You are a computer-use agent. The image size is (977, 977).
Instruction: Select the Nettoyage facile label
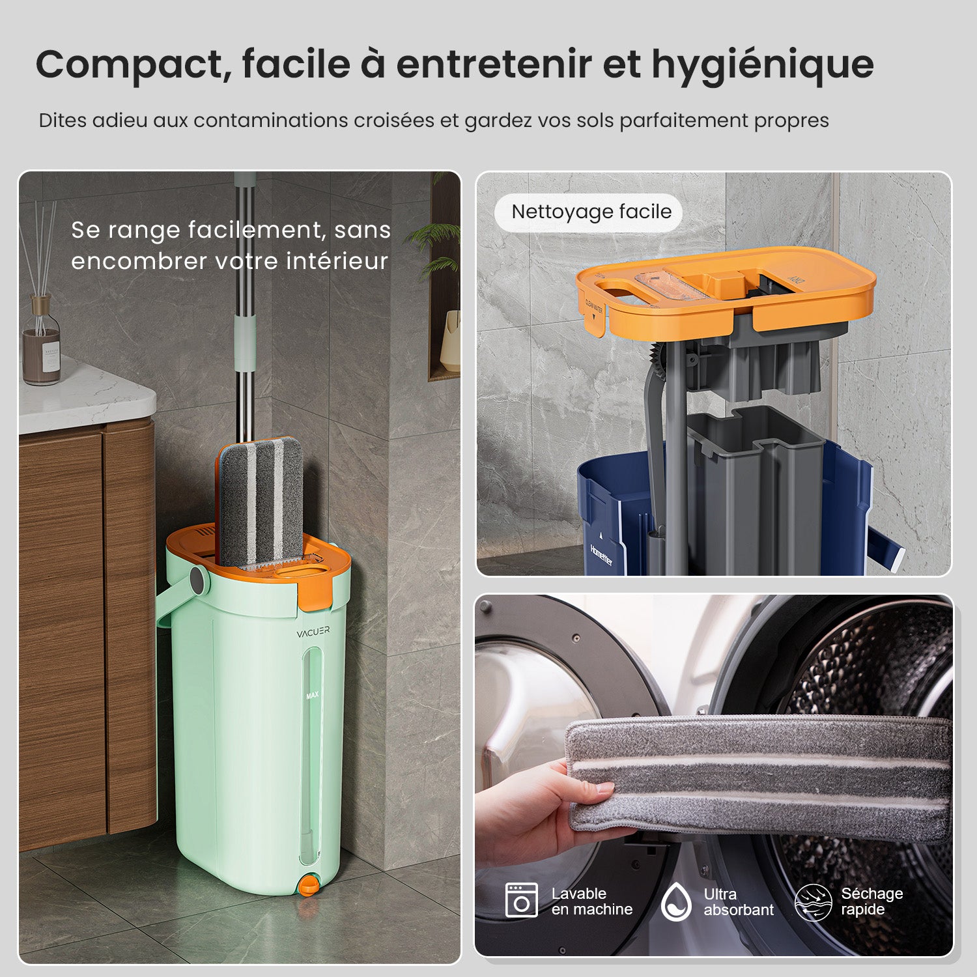tap(591, 212)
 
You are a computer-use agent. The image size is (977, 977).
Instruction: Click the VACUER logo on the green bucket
tap(313, 632)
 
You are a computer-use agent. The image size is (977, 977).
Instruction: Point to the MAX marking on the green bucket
tap(313, 695)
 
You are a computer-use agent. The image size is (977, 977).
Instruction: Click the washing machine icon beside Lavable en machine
tap(522, 901)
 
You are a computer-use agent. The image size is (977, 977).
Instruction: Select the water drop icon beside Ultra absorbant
tap(676, 901)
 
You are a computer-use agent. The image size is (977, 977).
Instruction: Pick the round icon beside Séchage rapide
tap(813, 902)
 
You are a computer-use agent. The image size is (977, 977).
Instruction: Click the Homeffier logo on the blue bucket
tap(601, 554)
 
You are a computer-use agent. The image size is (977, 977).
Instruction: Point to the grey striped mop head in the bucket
tap(259, 502)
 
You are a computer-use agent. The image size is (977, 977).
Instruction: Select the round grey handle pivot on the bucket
tap(197, 578)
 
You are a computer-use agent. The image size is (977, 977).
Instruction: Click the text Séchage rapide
tap(871, 901)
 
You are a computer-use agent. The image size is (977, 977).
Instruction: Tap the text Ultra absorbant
tap(738, 902)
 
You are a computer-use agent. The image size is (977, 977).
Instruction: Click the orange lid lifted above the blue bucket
tap(726, 293)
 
